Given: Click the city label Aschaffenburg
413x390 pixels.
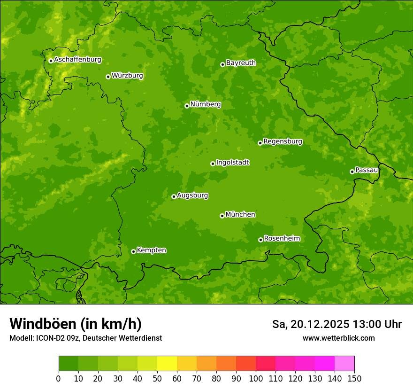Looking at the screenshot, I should [x=77, y=60].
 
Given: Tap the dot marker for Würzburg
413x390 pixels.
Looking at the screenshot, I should [x=108, y=77].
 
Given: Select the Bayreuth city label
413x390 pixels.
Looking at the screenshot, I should [x=241, y=63].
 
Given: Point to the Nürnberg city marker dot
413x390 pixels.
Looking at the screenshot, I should [x=187, y=106].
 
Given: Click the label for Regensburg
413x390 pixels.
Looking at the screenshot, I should [x=283, y=141].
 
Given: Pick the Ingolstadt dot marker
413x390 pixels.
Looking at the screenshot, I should [x=213, y=164].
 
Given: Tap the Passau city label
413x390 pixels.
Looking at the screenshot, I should [x=367, y=170].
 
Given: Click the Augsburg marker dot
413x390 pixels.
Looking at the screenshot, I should [x=174, y=196].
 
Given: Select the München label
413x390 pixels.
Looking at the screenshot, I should [x=240, y=215].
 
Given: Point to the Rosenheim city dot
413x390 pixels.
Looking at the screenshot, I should [x=260, y=240].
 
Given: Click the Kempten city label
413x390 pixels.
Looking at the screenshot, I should [x=151, y=250].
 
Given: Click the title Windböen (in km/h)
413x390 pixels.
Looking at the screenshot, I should [x=76, y=324].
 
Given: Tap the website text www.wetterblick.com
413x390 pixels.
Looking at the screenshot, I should [x=338, y=338].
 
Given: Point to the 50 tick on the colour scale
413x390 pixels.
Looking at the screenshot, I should [x=157, y=378].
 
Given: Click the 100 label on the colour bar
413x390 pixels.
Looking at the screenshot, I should [x=256, y=378].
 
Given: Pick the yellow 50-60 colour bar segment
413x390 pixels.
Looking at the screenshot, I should [x=167, y=364].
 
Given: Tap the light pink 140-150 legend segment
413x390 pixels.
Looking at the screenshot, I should [x=344, y=364].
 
